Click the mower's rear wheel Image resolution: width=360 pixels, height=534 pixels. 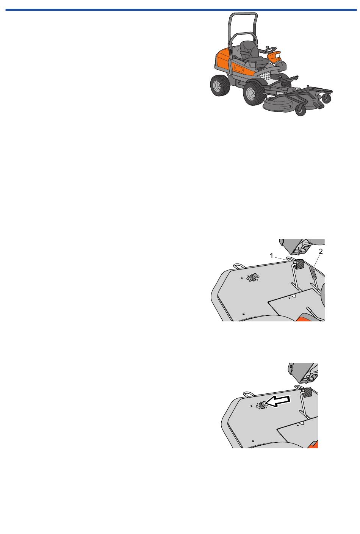pos(220,85)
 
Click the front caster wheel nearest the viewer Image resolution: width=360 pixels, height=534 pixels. pos(301,110)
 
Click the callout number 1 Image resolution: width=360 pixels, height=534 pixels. pos(271,256)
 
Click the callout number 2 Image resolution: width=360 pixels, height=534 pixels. pos(321,251)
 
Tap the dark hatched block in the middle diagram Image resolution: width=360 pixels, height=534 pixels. pos(300,264)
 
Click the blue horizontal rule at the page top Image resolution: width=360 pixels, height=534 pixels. pos(181,10)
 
